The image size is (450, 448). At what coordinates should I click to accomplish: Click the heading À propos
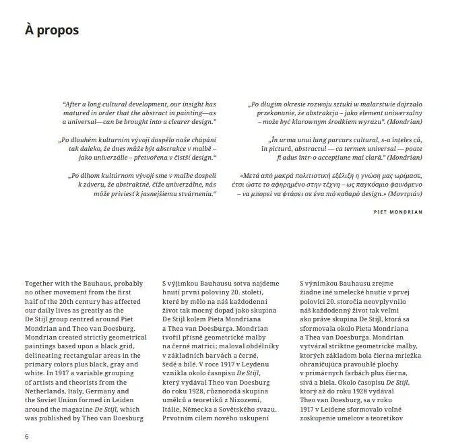click(52, 30)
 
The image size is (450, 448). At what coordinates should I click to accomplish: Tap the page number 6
click(27, 435)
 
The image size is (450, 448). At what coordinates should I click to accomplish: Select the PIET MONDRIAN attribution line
click(397, 211)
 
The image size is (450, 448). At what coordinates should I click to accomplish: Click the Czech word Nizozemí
click(252, 399)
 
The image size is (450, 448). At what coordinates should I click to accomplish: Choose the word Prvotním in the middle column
click(181, 417)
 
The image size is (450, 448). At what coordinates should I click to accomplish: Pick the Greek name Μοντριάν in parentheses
click(405, 193)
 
